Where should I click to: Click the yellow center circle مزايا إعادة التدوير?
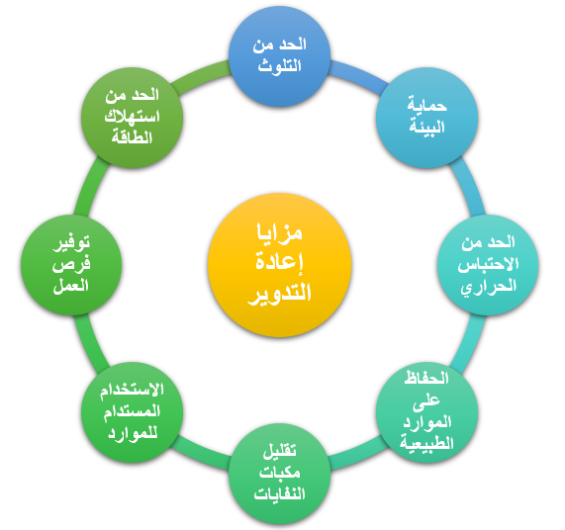[x=280, y=265]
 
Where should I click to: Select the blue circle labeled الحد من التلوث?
[x=280, y=56]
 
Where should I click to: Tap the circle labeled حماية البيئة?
[x=427, y=118]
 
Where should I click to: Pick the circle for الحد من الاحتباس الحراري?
[x=488, y=265]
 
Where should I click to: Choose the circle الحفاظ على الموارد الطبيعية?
[x=427, y=412]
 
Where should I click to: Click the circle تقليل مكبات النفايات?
[x=280, y=474]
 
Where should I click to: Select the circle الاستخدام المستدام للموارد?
[x=133, y=412]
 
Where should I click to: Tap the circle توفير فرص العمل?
[x=71, y=265]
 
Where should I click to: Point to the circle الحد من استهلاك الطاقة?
[x=133, y=118]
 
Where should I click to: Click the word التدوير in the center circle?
[x=280, y=293]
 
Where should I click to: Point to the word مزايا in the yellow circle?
[x=280, y=233]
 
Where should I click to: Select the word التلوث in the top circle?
[x=280, y=66]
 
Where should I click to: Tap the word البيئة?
[x=427, y=127]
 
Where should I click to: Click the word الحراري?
[x=488, y=287]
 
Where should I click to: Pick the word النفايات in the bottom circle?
[x=280, y=493]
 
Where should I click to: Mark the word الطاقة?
[x=133, y=137]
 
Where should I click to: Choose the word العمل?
[x=71, y=286]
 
